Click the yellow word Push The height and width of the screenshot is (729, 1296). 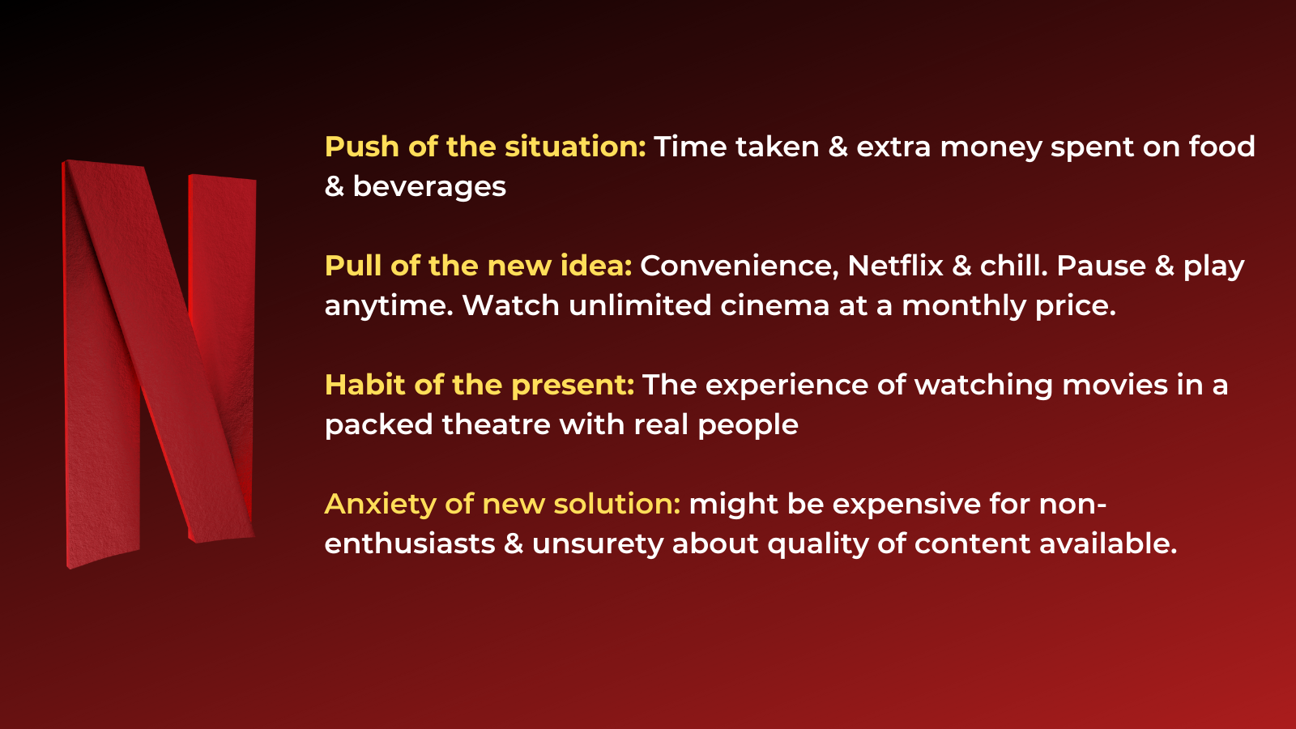click(x=362, y=147)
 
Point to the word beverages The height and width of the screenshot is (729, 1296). click(x=429, y=187)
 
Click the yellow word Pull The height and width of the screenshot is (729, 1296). click(x=353, y=266)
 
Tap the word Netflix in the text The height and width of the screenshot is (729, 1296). click(x=896, y=266)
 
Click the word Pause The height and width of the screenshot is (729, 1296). click(x=1101, y=266)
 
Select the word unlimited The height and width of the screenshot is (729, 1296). click(x=640, y=305)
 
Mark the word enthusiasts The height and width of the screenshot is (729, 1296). click(x=410, y=544)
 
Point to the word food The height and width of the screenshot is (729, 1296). click(x=1222, y=147)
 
